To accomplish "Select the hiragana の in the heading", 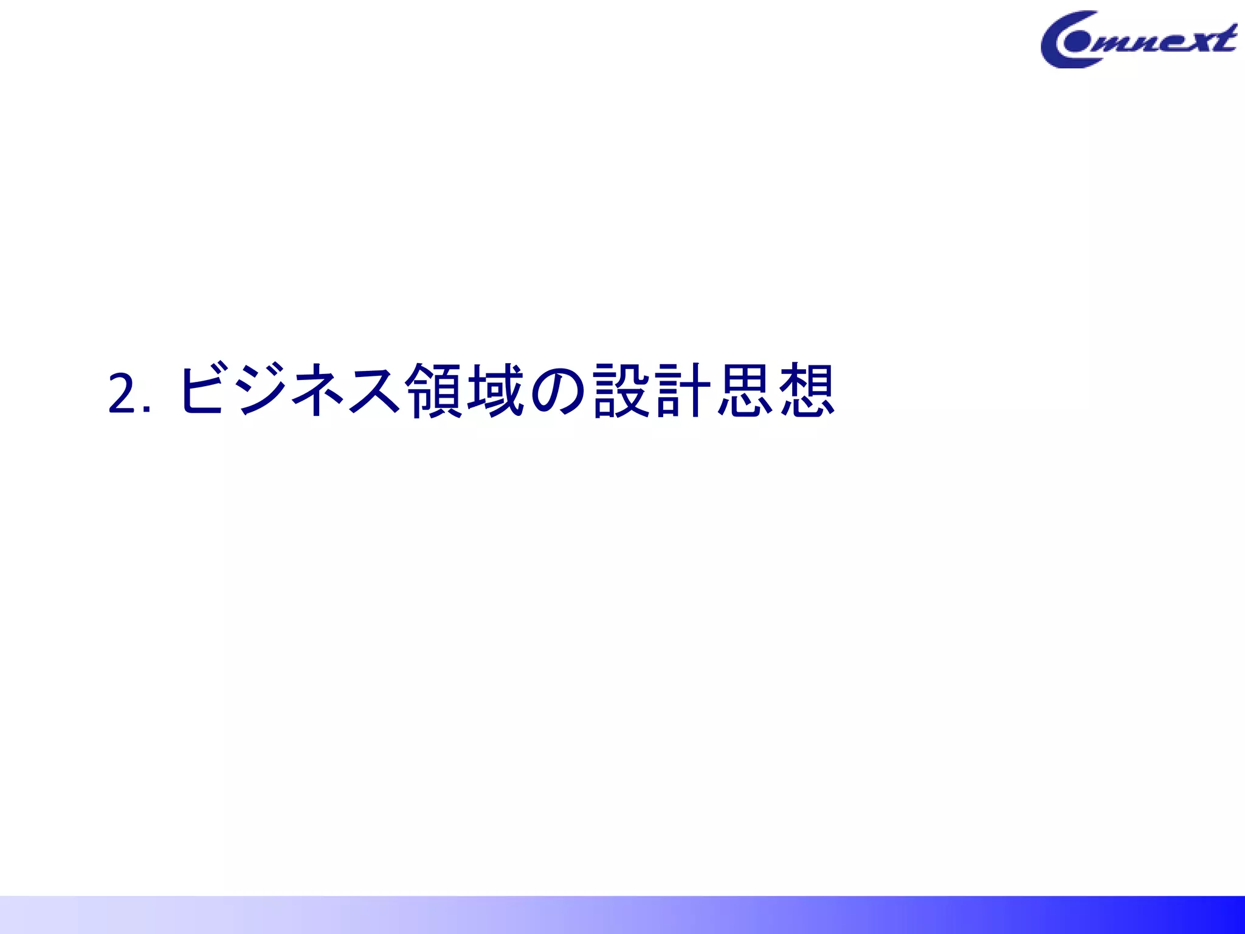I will tap(557, 391).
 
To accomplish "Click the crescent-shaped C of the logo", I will tap(1055, 43).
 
